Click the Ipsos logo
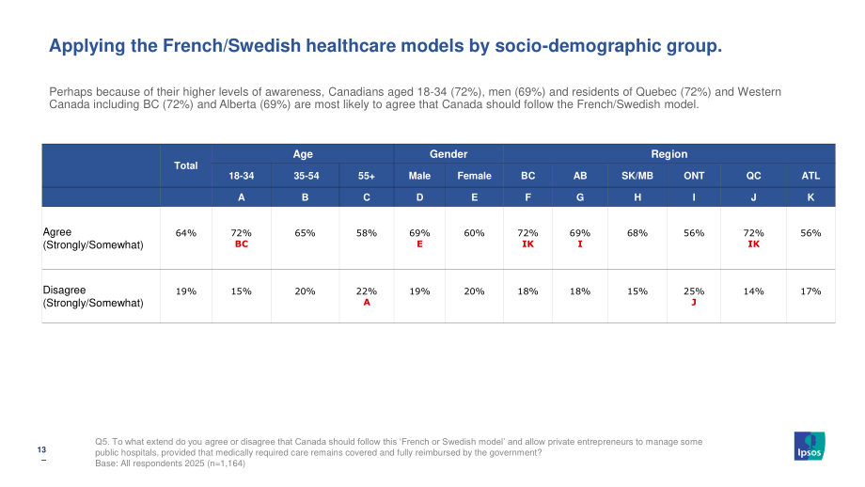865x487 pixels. tap(810, 446)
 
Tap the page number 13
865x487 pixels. tap(41, 449)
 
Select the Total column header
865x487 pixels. tap(186, 165)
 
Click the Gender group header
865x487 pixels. tap(448, 154)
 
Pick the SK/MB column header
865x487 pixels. tap(637, 176)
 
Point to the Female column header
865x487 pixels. tap(474, 176)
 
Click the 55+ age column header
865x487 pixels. tap(367, 176)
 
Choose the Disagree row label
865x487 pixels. tap(93, 296)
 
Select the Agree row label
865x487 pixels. tap(93, 238)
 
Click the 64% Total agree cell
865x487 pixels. tap(186, 233)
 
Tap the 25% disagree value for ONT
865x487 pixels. tap(694, 291)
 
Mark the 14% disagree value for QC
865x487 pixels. tap(753, 291)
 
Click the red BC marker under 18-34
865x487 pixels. tap(242, 243)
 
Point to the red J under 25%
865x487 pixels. tap(694, 302)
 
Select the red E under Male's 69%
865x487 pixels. tap(420, 243)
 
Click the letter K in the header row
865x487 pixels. tap(810, 196)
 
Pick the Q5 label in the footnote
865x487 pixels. tap(102, 442)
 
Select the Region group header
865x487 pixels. tap(669, 154)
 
